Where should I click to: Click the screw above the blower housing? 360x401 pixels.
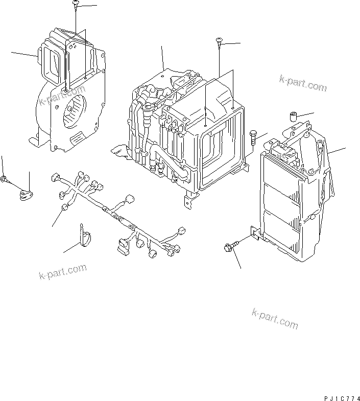(x=75, y=5)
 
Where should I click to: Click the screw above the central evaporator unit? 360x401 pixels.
(x=219, y=42)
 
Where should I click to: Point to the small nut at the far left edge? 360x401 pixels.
(x=4, y=179)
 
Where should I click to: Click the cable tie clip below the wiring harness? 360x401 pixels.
(x=85, y=236)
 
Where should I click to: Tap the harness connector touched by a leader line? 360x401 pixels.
(x=65, y=207)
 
